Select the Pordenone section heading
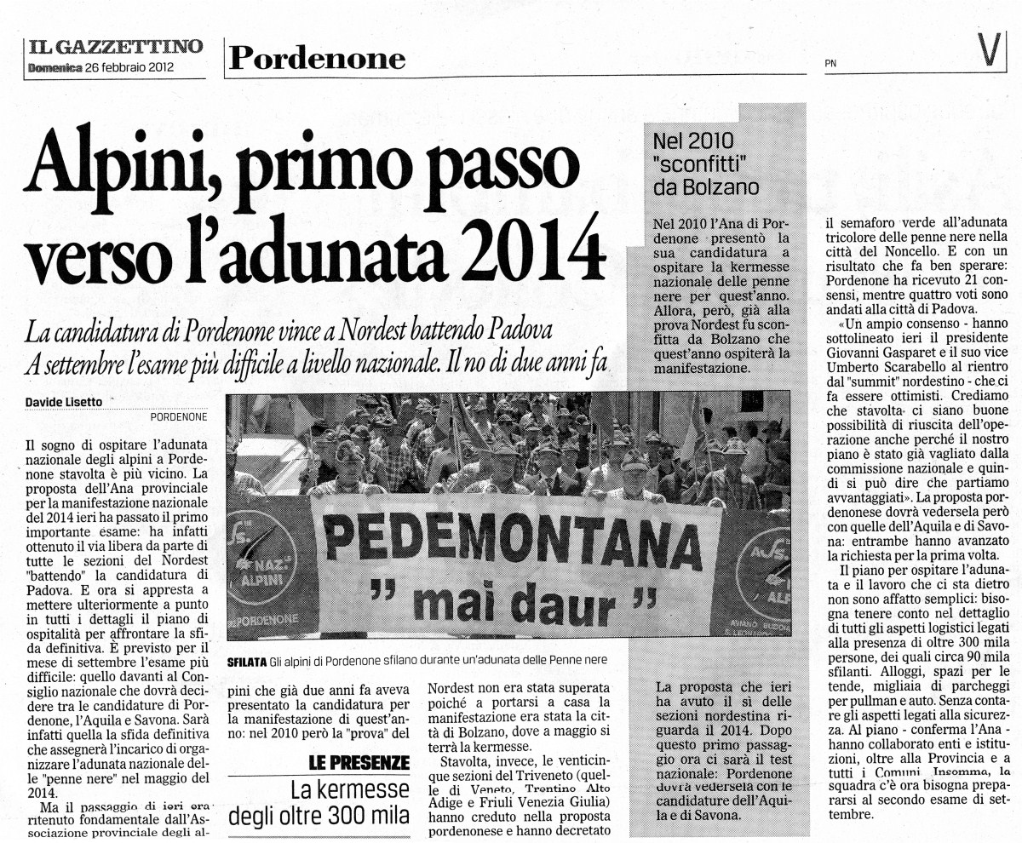click(316, 58)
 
